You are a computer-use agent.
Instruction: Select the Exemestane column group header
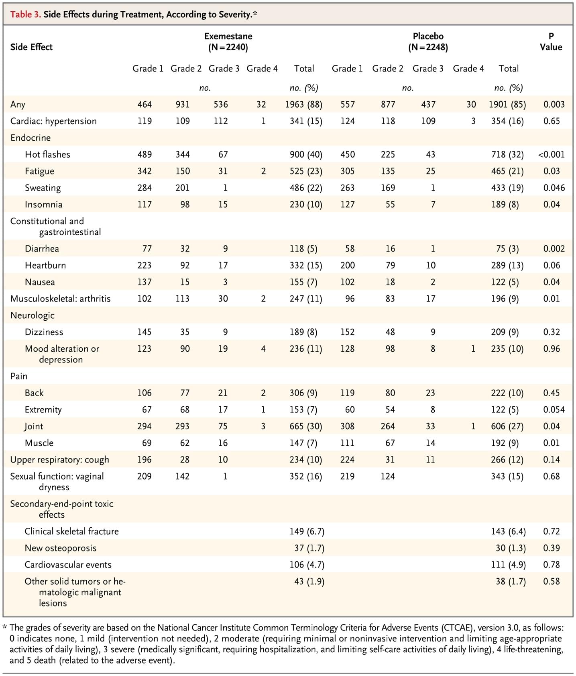(x=228, y=42)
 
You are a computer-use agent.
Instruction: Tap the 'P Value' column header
(x=551, y=42)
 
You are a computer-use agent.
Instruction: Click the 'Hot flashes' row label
(x=47, y=154)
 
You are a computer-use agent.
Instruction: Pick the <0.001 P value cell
(x=551, y=154)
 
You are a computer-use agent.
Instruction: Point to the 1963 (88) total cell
(x=303, y=104)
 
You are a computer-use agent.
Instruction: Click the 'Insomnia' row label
(x=43, y=205)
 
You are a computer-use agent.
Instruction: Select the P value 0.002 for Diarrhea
(x=554, y=249)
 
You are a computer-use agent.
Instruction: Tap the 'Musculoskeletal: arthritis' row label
(x=61, y=299)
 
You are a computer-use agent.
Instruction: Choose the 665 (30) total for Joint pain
(x=306, y=426)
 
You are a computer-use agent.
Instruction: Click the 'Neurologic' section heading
(x=33, y=315)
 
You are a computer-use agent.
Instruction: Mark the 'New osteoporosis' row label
(x=61, y=548)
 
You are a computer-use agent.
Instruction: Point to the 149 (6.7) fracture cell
(x=307, y=531)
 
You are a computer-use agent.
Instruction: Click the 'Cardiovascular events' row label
(x=68, y=565)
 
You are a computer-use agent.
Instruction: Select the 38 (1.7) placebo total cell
(x=511, y=582)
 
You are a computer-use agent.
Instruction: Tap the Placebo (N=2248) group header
(x=428, y=42)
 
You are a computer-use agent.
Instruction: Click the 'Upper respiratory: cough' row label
(x=59, y=460)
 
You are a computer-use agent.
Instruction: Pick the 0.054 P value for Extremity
(x=554, y=410)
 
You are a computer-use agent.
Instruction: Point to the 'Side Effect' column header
(x=31, y=47)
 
